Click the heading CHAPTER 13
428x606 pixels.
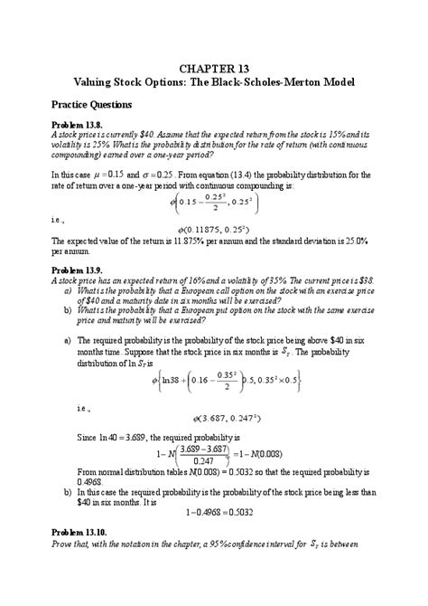tap(214, 68)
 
